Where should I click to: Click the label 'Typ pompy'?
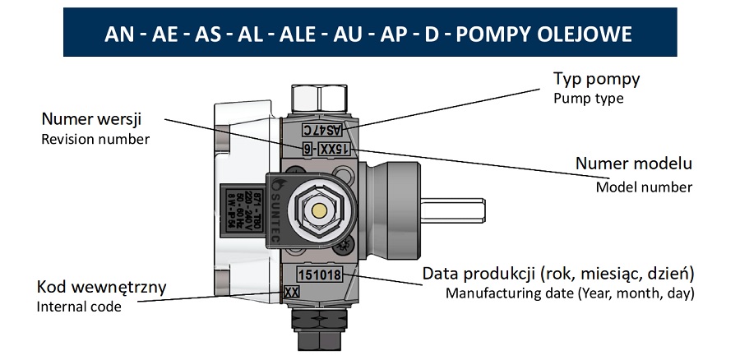coord(596,80)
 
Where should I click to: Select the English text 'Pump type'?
coord(588,99)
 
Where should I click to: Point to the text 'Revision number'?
coord(95,139)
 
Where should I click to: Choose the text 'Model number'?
coord(644,187)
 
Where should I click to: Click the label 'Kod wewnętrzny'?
coord(102,288)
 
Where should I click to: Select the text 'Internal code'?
coord(80,307)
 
